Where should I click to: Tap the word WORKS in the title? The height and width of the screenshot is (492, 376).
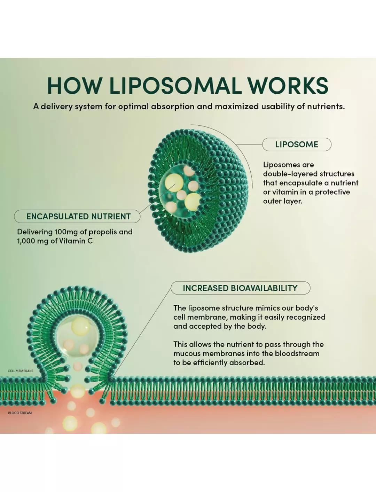pyautogui.click(x=288, y=86)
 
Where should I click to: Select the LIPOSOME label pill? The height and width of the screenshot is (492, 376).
pyautogui.click(x=297, y=145)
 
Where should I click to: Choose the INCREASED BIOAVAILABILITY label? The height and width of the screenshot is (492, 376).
pyautogui.click(x=241, y=288)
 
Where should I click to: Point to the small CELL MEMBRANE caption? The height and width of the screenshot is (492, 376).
pyautogui.click(x=21, y=371)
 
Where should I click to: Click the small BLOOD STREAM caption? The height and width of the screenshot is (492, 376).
pyautogui.click(x=20, y=413)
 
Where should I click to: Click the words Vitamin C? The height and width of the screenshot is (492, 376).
pyautogui.click(x=76, y=241)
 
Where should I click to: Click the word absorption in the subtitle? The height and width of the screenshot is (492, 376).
pyautogui.click(x=172, y=107)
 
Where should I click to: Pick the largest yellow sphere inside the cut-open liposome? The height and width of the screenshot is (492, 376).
pyautogui.click(x=174, y=183)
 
